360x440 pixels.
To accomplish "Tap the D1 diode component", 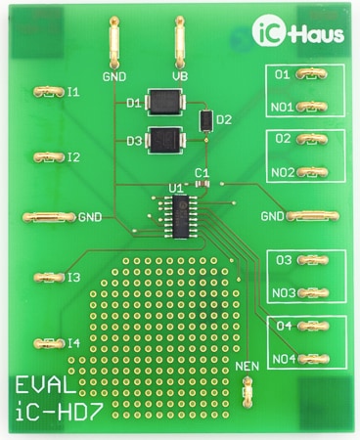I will click(164, 101).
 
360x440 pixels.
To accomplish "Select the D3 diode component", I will click(164, 140).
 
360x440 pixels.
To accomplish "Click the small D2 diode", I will click(205, 120).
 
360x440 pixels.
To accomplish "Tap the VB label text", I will click(180, 75).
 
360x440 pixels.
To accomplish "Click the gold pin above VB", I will click(180, 41).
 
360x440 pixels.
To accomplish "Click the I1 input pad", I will click(47, 92).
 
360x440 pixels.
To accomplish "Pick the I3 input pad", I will click(47, 279).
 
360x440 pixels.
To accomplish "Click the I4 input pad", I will click(47, 342).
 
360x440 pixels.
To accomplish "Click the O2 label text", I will click(283, 139).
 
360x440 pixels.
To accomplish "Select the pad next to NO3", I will click(313, 292).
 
